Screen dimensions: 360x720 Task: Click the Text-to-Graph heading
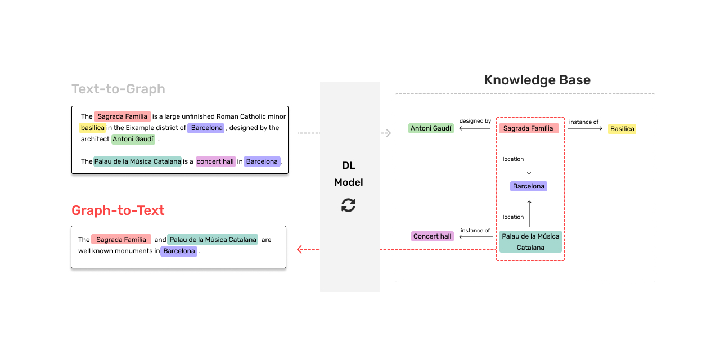pos(118,89)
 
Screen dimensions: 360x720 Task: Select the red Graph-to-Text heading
pos(118,210)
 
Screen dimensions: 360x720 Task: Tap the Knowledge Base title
pos(537,80)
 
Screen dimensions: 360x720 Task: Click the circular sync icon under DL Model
pos(349,205)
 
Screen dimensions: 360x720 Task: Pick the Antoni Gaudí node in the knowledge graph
pos(431,128)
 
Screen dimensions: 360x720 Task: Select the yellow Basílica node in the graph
pos(622,129)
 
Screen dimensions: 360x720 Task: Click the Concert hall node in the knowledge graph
pos(432,236)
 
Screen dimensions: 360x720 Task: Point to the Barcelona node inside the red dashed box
pos(529,186)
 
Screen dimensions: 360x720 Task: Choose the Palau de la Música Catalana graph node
pos(530,241)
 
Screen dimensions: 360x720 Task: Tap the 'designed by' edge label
pos(475,121)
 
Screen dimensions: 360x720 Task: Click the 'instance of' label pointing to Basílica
pos(584,121)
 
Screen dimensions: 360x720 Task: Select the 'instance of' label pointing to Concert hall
pos(475,231)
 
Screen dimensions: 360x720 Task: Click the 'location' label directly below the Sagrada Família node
pos(513,159)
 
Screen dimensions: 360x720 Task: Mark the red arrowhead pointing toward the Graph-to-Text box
pos(300,249)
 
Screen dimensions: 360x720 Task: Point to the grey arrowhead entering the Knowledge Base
pos(388,133)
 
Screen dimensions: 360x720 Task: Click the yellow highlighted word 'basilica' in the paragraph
pos(92,128)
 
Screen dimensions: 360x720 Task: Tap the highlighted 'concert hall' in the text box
pos(215,161)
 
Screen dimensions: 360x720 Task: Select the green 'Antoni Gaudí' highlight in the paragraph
pos(133,139)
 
